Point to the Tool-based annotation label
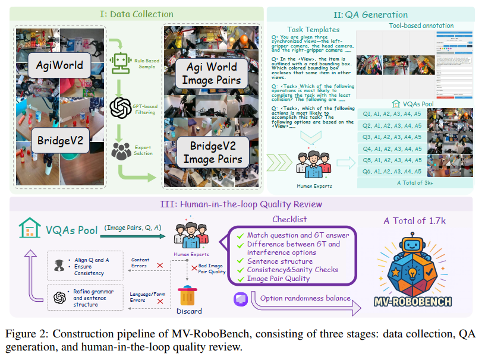point(421,26)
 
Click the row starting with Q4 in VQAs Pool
point(392,149)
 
